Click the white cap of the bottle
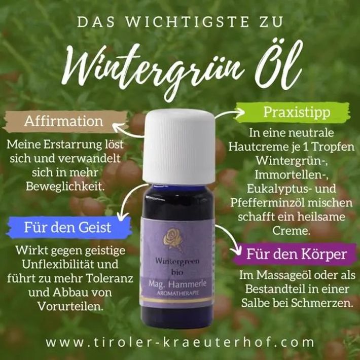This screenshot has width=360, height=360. click(x=179, y=147)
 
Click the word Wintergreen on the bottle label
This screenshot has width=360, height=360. click(x=177, y=261)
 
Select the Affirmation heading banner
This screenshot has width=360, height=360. click(x=65, y=121)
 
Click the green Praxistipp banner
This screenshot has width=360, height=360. click(x=293, y=112)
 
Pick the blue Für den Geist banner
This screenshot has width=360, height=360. click(x=69, y=227)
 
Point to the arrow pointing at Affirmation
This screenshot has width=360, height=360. click(x=127, y=131)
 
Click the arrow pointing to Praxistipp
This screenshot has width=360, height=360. click(x=229, y=113)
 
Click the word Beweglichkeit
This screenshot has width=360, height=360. click(x=65, y=187)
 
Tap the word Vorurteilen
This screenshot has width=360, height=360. click(x=70, y=306)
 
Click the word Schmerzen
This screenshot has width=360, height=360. click(x=321, y=303)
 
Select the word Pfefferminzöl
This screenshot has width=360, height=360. click(x=267, y=203)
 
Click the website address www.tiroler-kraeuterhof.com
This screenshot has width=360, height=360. click(x=180, y=342)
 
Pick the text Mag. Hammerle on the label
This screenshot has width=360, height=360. click(x=177, y=284)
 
